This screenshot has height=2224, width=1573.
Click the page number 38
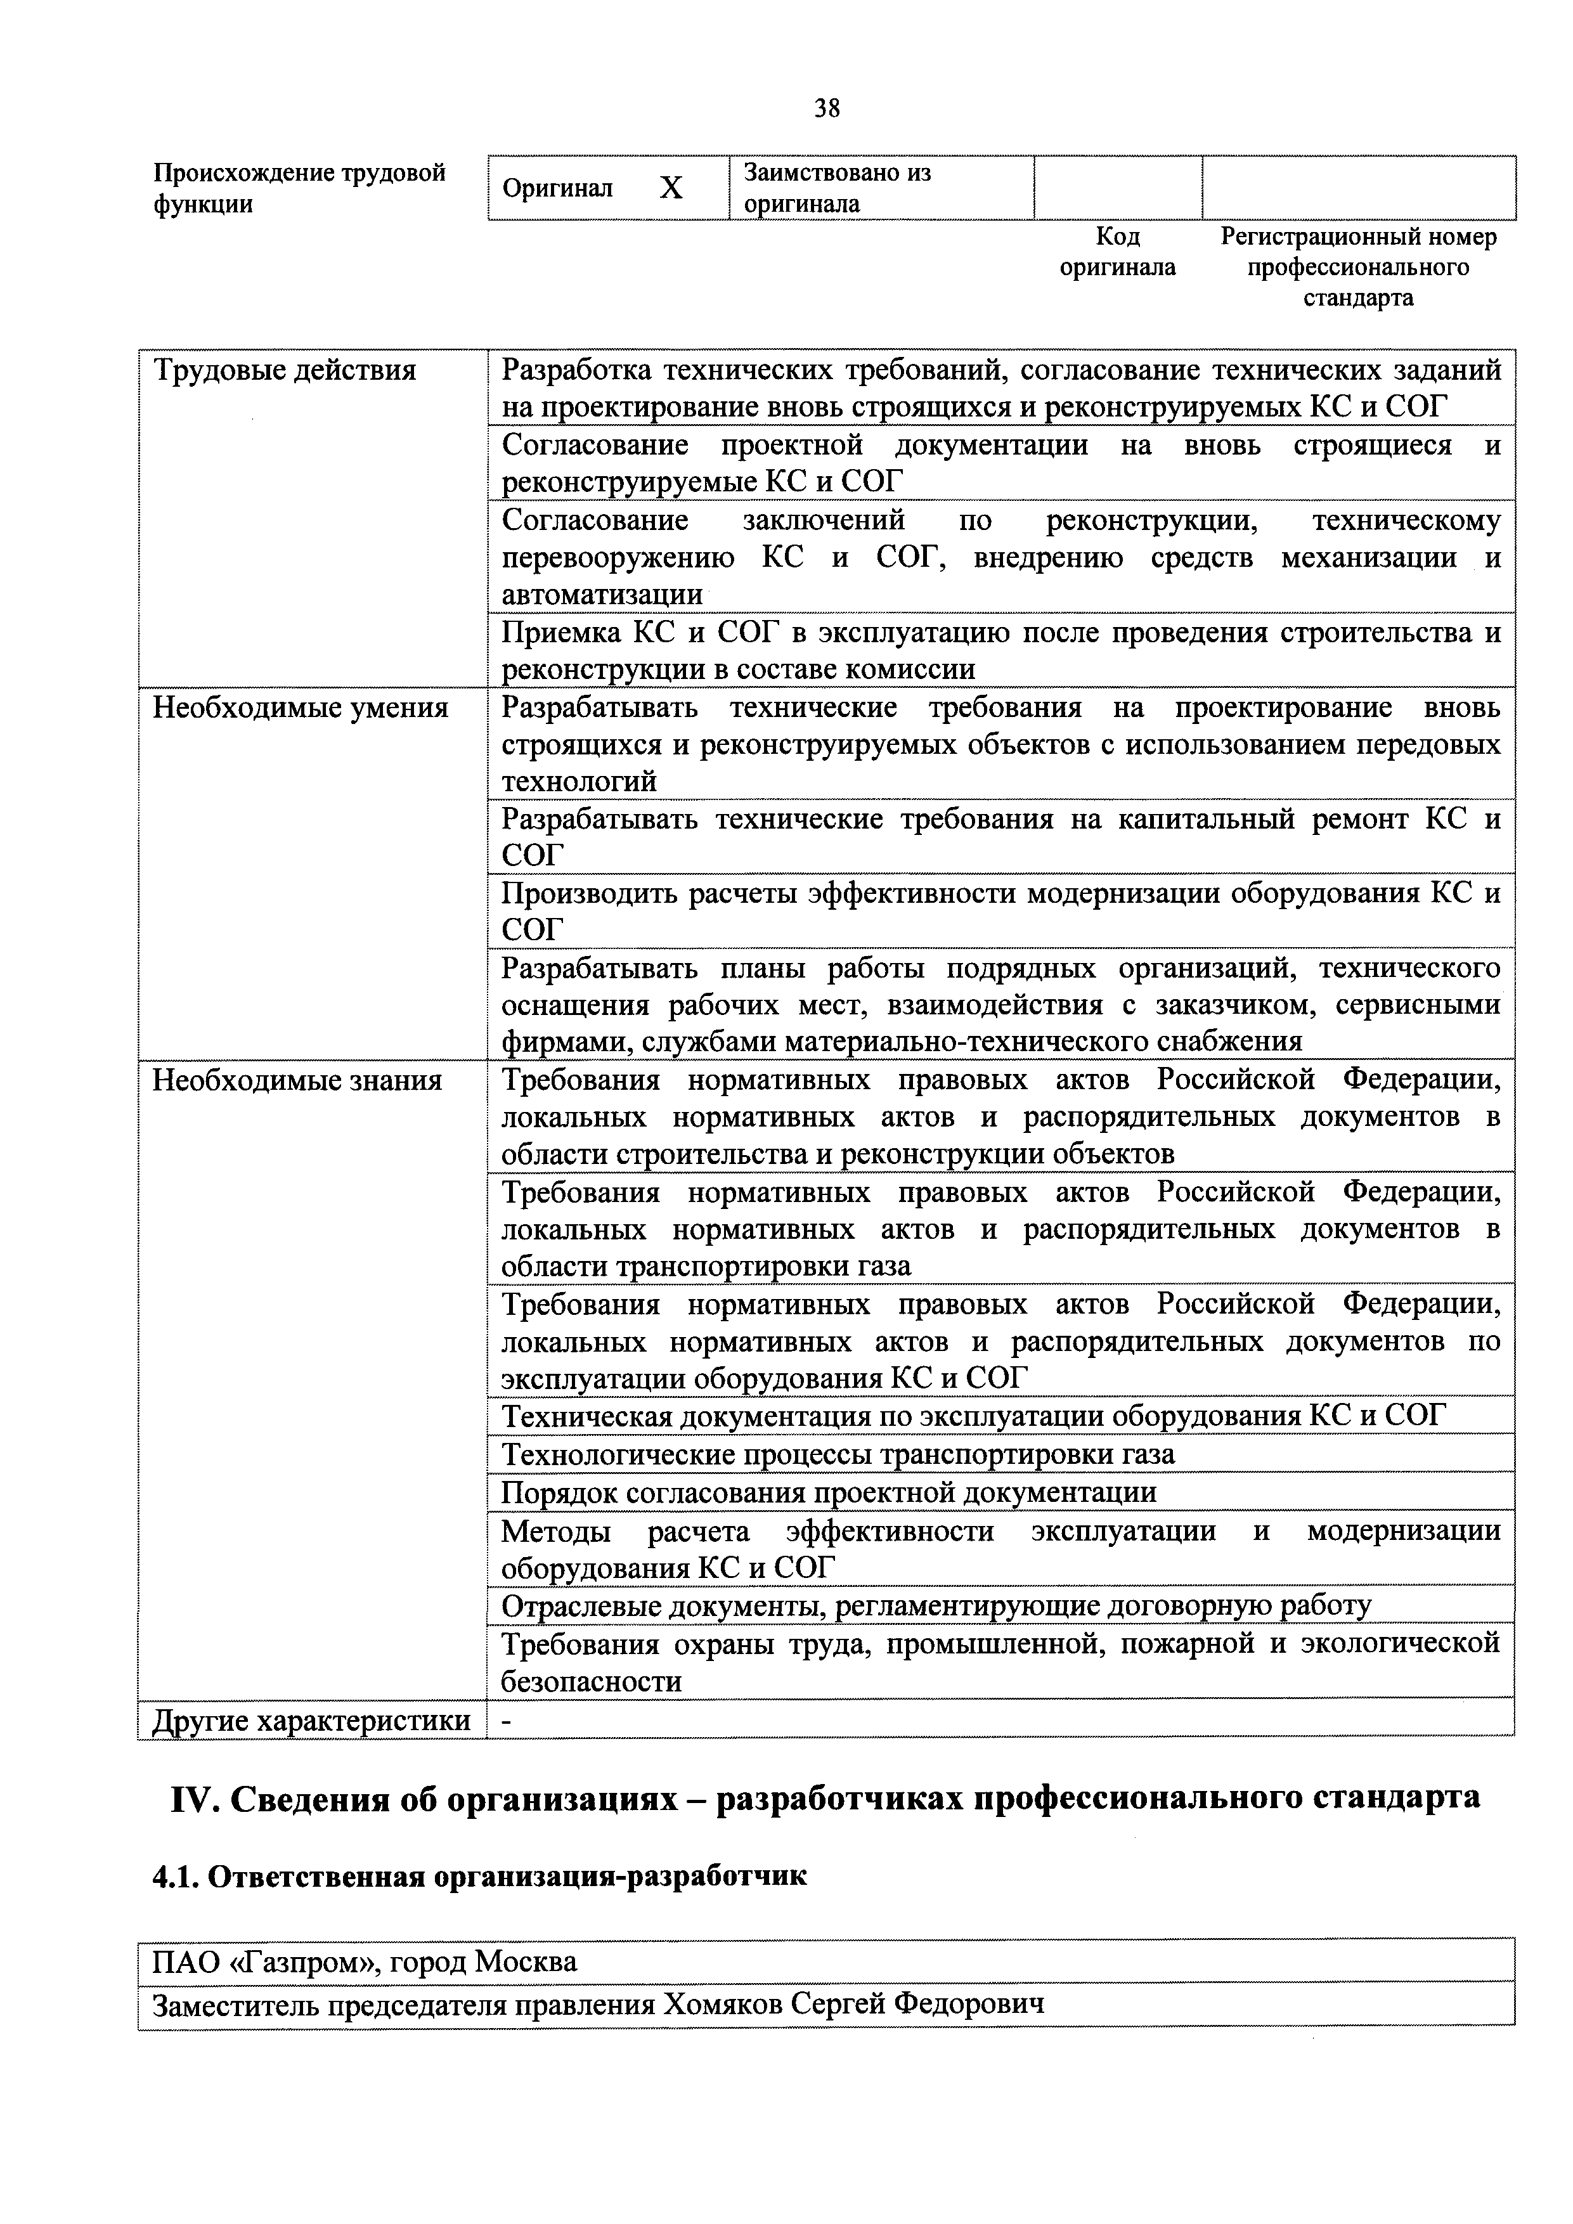[826, 108]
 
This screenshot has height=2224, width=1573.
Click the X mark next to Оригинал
[670, 188]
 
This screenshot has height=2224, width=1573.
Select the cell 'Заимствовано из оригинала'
[837, 188]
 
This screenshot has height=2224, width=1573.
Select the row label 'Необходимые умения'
[301, 708]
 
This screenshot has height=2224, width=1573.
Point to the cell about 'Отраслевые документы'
[936, 1605]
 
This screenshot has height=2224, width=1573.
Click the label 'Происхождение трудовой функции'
[299, 188]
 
